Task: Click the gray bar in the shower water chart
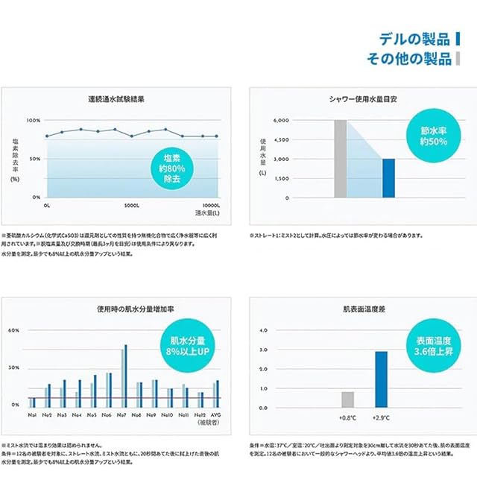point(341,159)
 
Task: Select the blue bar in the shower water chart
point(388,178)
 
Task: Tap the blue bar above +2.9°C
point(382,379)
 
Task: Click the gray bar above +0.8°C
point(347,399)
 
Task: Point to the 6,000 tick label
point(280,120)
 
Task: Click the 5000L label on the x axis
point(132,204)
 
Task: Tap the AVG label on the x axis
point(215,414)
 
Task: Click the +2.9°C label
point(382,419)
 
